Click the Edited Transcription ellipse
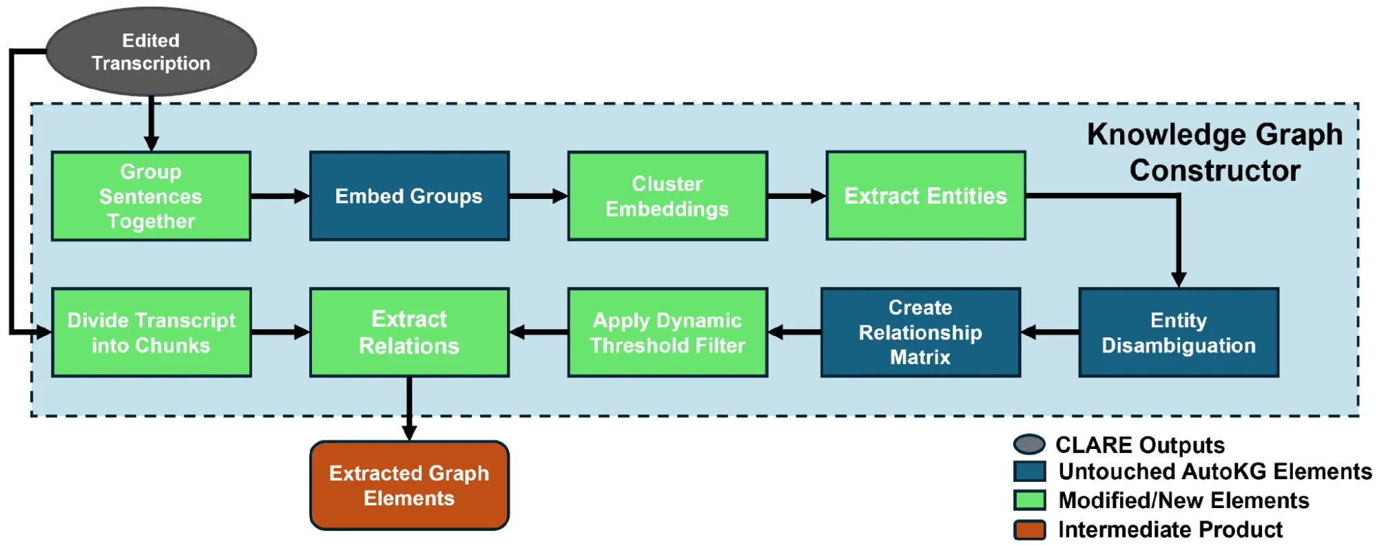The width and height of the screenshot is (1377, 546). tap(151, 52)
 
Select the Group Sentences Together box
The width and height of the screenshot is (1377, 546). tap(151, 196)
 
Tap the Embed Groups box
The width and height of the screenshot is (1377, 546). tap(409, 196)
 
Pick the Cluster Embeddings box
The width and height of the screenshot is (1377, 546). tap(667, 196)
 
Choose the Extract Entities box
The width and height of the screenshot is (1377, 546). tap(925, 196)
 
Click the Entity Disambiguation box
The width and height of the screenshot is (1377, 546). tap(1178, 333)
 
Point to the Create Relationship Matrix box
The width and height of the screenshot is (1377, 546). tap(920, 333)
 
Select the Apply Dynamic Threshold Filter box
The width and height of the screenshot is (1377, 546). tap(667, 333)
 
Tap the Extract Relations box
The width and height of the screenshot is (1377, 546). tap(409, 333)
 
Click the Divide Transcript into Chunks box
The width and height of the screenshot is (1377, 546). tap(151, 333)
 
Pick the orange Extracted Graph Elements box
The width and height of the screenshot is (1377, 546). tap(409, 485)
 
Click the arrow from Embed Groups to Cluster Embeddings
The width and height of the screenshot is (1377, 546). tap(538, 196)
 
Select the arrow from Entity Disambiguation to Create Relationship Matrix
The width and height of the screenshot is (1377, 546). tap(1050, 333)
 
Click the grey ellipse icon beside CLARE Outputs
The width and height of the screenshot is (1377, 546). tap(1029, 445)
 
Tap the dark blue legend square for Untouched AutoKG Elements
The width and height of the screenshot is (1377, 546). tap(1029, 472)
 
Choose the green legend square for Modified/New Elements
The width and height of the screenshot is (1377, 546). tap(1029, 501)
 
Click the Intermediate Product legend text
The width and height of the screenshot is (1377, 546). tap(1170, 529)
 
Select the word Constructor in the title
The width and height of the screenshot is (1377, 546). tap(1214, 171)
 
